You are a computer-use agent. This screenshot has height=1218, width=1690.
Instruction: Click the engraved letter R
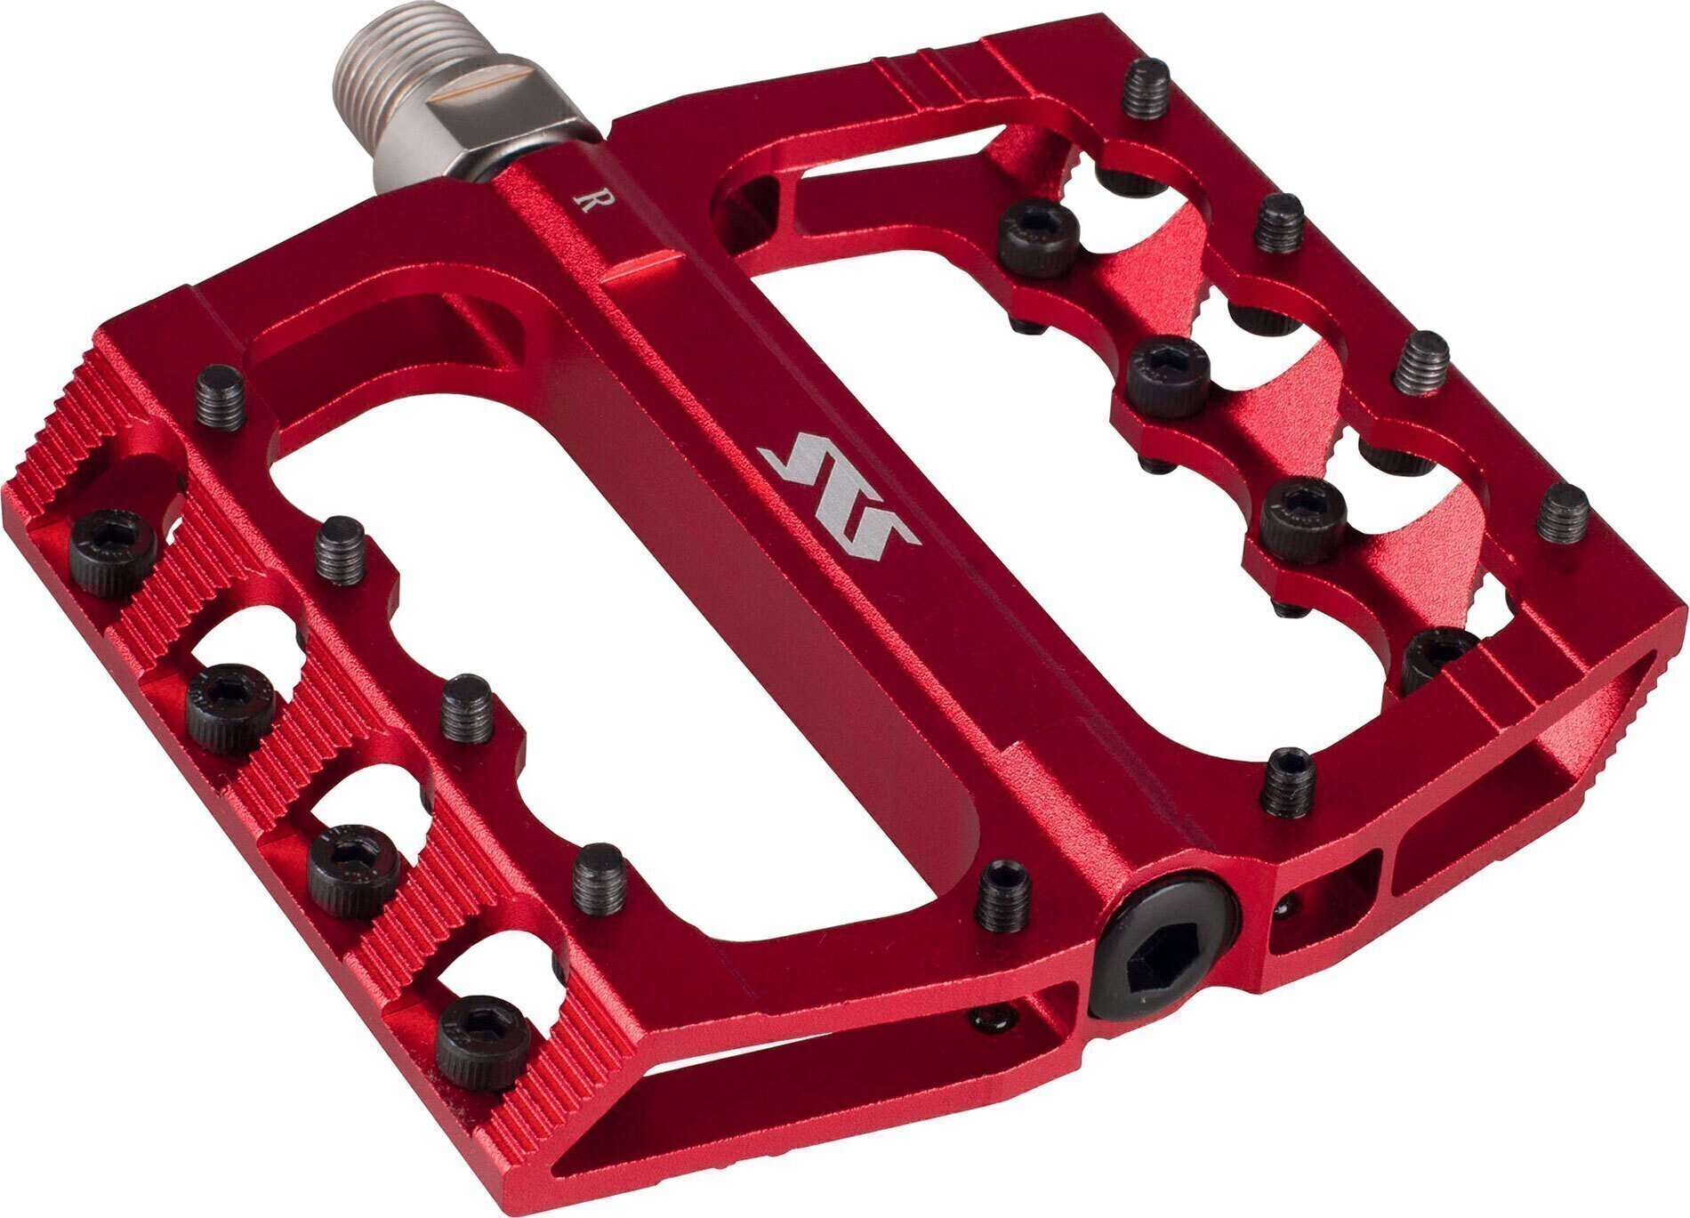pyautogui.click(x=584, y=202)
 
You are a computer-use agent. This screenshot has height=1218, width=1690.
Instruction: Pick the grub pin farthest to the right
pyautogui.click(x=1562, y=513)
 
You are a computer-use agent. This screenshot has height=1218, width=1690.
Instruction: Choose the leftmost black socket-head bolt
pyautogui.click(x=112, y=552)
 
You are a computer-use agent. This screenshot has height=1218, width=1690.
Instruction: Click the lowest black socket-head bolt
pyautogui.click(x=483, y=1042)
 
